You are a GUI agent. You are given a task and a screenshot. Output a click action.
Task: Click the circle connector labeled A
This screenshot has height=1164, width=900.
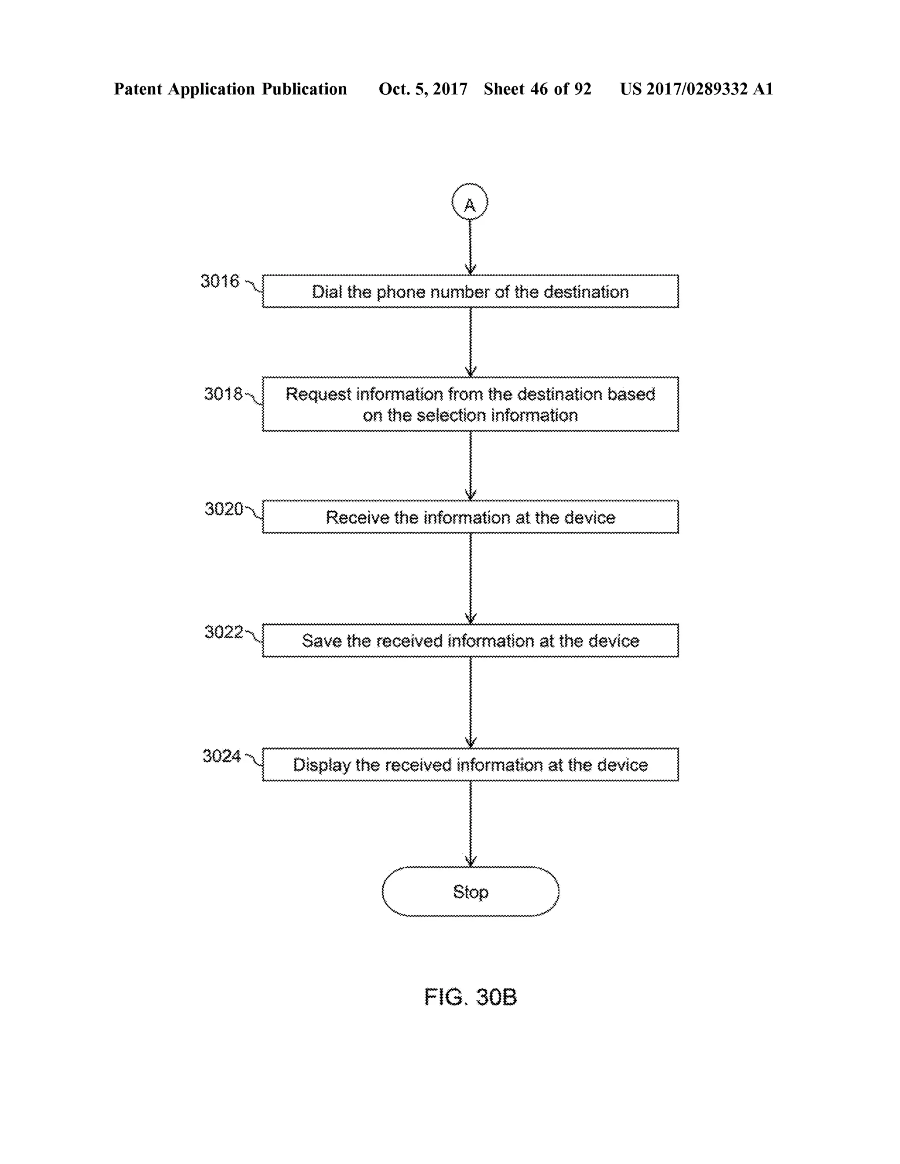coord(469,202)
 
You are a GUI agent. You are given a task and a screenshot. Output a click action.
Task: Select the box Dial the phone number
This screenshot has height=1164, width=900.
coord(470,292)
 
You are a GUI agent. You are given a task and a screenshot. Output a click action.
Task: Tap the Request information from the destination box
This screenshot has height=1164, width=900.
coord(470,404)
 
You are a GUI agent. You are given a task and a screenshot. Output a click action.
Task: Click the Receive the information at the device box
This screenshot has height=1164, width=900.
coord(470,517)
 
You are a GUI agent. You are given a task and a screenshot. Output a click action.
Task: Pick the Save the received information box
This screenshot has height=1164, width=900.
coord(470,640)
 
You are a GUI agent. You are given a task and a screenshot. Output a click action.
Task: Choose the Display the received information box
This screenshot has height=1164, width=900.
coord(470,765)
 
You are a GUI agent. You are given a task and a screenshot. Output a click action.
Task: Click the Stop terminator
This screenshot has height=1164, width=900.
coord(470,892)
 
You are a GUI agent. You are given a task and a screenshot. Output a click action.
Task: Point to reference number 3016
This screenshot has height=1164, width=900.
coord(220,281)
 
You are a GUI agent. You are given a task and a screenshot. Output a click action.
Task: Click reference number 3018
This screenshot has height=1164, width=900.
coord(223,394)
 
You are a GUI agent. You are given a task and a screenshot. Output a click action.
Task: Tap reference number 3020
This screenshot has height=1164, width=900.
coord(223,509)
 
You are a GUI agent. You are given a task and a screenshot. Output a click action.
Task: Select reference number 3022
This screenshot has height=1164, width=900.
coord(223,632)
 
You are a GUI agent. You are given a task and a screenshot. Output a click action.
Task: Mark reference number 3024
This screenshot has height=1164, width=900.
coord(221,756)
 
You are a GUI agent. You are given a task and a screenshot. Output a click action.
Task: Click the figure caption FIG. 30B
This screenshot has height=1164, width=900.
coord(470,997)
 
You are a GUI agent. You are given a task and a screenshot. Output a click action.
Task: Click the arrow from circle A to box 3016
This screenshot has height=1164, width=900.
coord(470,246)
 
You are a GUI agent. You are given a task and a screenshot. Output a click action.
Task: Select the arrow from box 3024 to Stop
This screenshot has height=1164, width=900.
coord(470,824)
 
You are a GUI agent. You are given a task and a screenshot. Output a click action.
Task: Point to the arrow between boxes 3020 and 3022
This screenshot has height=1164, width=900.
coord(470,578)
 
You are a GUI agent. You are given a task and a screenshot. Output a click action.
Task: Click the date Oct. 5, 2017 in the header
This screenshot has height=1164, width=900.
coord(423,89)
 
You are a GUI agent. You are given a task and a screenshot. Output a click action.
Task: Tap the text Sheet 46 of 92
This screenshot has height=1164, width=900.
coord(537,89)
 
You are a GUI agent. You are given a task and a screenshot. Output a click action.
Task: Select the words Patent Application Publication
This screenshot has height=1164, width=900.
coord(230,89)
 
